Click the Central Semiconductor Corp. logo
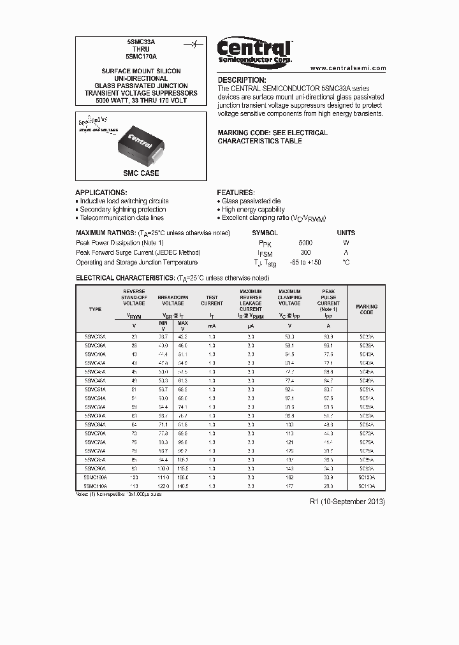[x=254, y=51]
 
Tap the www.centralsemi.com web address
[x=348, y=68]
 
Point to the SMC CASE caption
[x=141, y=173]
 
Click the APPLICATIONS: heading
[x=101, y=192]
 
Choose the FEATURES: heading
[x=235, y=192]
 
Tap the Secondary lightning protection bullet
[x=122, y=210]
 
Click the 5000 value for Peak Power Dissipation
[x=305, y=243]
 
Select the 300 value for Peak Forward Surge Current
[x=305, y=252]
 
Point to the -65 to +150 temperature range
[x=305, y=263]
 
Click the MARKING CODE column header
[x=367, y=310]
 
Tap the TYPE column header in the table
[x=95, y=310]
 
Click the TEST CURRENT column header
[x=212, y=301]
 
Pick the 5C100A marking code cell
[x=367, y=477]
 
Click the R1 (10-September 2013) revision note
[x=347, y=502]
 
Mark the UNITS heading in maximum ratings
[x=346, y=233]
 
